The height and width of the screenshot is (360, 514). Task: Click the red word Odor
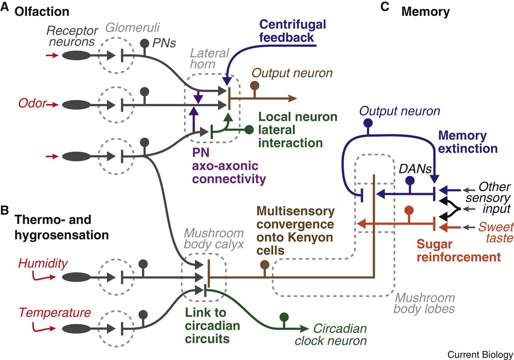tap(31, 104)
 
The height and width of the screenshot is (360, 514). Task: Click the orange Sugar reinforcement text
tap(459, 251)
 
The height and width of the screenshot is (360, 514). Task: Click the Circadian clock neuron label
tap(339, 335)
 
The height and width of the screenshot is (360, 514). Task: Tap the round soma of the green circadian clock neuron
tap(284, 317)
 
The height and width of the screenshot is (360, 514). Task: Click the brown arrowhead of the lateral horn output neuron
tap(294, 98)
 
